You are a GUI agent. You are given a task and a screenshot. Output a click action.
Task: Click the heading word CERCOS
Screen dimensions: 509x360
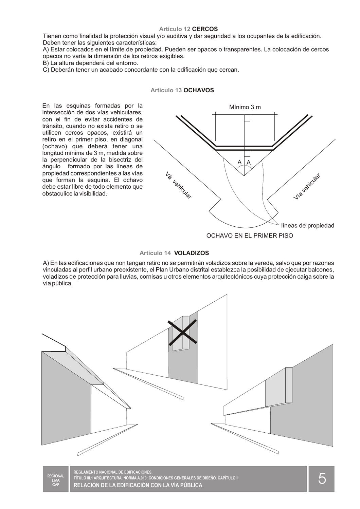click(x=205, y=29)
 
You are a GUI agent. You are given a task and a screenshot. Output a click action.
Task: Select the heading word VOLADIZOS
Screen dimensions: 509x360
click(x=191, y=253)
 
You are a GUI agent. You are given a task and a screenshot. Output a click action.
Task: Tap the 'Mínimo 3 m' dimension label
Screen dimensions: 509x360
click(x=245, y=107)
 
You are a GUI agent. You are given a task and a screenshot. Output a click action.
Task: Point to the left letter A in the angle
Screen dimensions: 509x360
click(x=239, y=163)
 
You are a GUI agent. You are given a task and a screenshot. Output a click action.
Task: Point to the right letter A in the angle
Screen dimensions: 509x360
click(x=249, y=163)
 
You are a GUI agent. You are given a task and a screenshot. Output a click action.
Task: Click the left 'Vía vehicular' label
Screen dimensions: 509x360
click(x=178, y=186)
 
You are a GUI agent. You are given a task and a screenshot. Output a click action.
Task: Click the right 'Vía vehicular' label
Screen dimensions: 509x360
click(x=307, y=187)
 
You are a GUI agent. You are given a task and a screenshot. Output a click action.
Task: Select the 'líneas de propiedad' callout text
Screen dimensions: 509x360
click(x=308, y=226)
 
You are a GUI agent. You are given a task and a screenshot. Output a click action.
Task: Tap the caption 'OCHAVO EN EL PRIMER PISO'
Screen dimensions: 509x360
click(x=250, y=235)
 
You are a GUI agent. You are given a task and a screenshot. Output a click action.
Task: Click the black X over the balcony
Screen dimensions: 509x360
click(x=183, y=333)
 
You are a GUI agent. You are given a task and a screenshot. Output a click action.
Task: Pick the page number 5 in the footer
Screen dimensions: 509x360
click(x=322, y=479)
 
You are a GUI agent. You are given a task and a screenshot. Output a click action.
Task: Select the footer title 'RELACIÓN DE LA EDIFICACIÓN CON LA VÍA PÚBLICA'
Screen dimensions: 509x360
click(x=138, y=485)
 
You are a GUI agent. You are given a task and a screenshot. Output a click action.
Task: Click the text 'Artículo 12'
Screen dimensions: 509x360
click(x=175, y=29)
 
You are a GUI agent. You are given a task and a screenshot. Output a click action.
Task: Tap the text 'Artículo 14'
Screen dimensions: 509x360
click(x=155, y=253)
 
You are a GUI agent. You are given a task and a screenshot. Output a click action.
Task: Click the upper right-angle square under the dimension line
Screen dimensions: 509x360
click(x=247, y=118)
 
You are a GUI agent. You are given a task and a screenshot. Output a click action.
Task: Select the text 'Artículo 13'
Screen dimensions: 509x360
click(x=166, y=90)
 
